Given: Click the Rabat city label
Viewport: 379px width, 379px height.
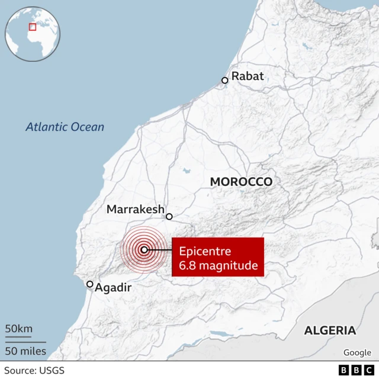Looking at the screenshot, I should (x=248, y=76).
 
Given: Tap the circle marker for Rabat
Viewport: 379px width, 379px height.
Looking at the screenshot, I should (x=225, y=81).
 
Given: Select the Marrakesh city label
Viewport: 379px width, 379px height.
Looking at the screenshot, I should (x=136, y=209).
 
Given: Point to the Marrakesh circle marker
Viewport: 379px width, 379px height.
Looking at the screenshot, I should (x=169, y=217).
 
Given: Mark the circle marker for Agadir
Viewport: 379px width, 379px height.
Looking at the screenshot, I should (x=90, y=284).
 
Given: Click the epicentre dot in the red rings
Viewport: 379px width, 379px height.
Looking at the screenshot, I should (x=144, y=250).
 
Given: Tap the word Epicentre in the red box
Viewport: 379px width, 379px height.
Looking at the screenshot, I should (x=205, y=251).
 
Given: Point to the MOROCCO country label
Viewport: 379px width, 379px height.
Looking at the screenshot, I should (x=242, y=182).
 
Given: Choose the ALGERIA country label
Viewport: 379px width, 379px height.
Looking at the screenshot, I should (x=330, y=330).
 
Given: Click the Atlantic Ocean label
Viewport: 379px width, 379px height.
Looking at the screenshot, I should (x=65, y=127).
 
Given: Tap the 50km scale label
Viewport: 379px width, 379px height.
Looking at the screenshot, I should (x=19, y=329).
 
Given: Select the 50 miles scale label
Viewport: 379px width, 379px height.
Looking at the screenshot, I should (x=25, y=351).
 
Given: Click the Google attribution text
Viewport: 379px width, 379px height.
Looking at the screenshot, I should (x=357, y=352).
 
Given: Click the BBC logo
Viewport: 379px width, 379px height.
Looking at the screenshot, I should (x=354, y=371).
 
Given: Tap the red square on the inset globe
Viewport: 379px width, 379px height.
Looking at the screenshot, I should (x=33, y=27).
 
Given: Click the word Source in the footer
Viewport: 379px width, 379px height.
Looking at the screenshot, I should (x=18, y=371).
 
